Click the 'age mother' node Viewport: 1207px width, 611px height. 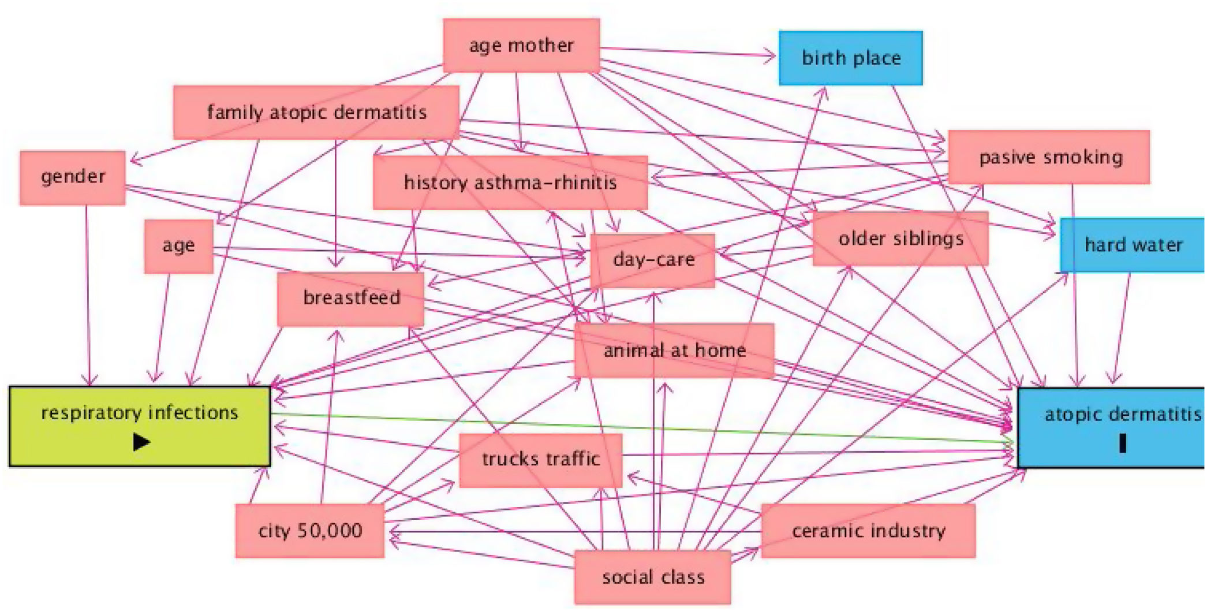[x=521, y=46]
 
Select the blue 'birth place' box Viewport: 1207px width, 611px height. [x=850, y=58]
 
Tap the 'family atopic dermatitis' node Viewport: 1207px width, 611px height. [x=316, y=113]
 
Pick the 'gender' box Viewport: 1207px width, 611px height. [x=73, y=177]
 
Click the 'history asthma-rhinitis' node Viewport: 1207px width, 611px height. [x=510, y=183]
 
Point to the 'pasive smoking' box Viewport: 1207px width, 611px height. [x=1049, y=157]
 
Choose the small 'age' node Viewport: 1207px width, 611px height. [x=178, y=246]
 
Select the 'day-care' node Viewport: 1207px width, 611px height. [x=653, y=260]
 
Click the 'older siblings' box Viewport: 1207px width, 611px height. [x=900, y=239]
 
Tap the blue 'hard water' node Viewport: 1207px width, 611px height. [x=1133, y=245]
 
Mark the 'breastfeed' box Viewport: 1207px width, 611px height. [x=351, y=299]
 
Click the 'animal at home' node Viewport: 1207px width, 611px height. [x=674, y=351]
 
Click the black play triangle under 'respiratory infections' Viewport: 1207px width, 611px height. [x=141, y=442]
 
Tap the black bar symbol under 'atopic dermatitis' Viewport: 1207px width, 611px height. [x=1122, y=444]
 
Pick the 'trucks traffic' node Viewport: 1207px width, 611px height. [x=541, y=460]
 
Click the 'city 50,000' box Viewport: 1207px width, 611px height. [x=310, y=531]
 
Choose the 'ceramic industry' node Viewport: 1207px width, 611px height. [x=868, y=531]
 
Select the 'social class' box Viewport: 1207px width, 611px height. [x=653, y=577]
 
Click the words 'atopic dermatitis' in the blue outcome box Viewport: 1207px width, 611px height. [x=1122, y=414]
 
